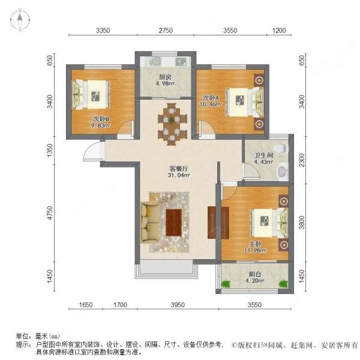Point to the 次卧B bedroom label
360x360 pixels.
coord(101,118)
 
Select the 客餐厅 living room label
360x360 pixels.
coord(176,169)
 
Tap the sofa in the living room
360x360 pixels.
coord(151,223)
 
